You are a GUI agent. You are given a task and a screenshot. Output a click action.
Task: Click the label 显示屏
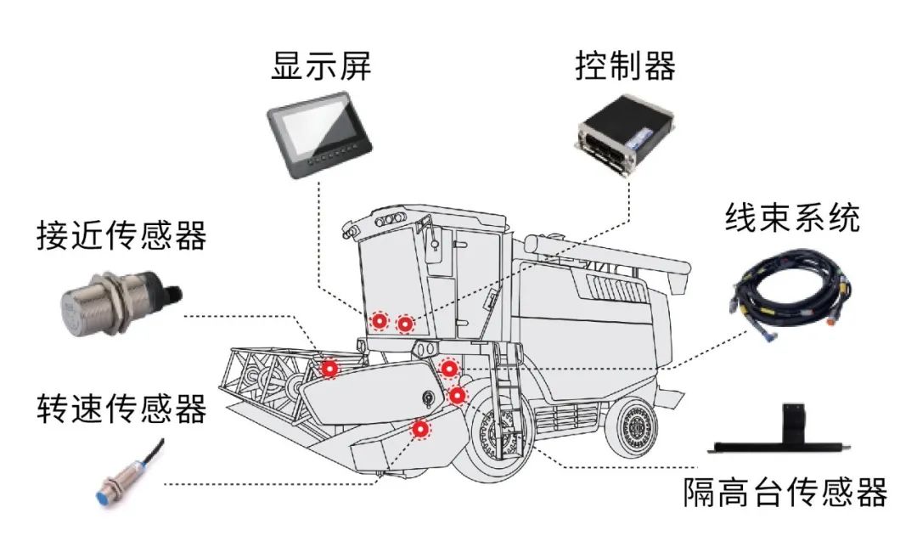[321, 66]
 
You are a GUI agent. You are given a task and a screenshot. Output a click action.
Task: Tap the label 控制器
[625, 66]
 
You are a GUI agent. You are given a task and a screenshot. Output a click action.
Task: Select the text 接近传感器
[121, 237]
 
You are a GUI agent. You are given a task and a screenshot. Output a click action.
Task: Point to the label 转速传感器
[121, 409]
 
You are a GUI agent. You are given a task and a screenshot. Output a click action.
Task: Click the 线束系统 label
[791, 217]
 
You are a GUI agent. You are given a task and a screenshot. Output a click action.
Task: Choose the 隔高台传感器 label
[785, 492]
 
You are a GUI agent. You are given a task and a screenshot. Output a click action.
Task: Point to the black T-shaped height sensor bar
[785, 433]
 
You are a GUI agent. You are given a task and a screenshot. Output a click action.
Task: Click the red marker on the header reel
[329, 368]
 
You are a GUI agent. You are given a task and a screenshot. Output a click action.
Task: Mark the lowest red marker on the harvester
[420, 430]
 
